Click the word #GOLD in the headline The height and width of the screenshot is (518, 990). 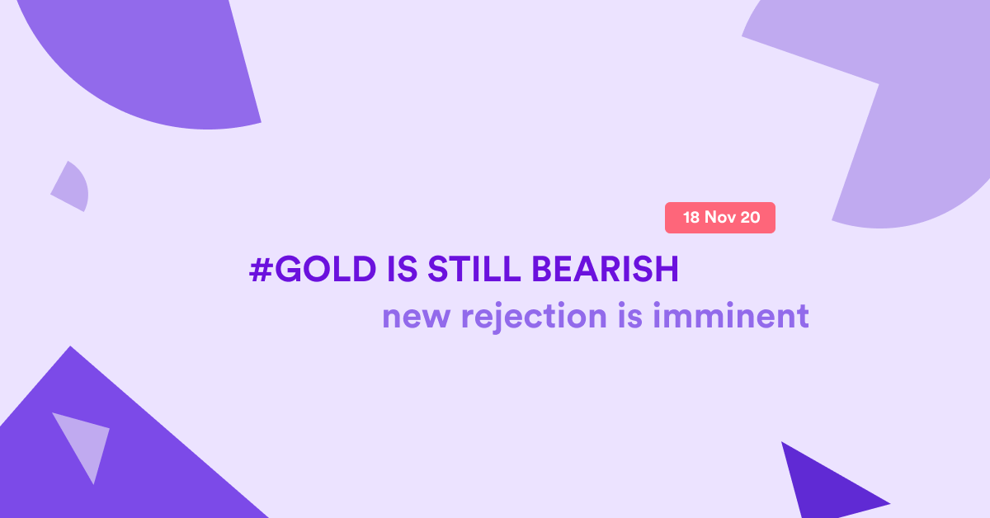313,269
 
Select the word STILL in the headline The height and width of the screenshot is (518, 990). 474,269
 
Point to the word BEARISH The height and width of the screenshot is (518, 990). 605,269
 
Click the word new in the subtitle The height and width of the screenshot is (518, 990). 417,318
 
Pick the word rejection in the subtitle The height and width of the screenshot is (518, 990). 534,318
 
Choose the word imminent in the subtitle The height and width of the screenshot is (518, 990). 731,316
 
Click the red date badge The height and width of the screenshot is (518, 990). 720,218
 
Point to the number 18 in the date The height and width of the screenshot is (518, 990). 691,218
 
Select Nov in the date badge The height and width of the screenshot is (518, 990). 720,218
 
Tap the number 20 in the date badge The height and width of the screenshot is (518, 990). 750,218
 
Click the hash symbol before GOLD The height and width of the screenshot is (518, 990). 261,269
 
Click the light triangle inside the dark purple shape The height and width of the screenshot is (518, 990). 85,442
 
